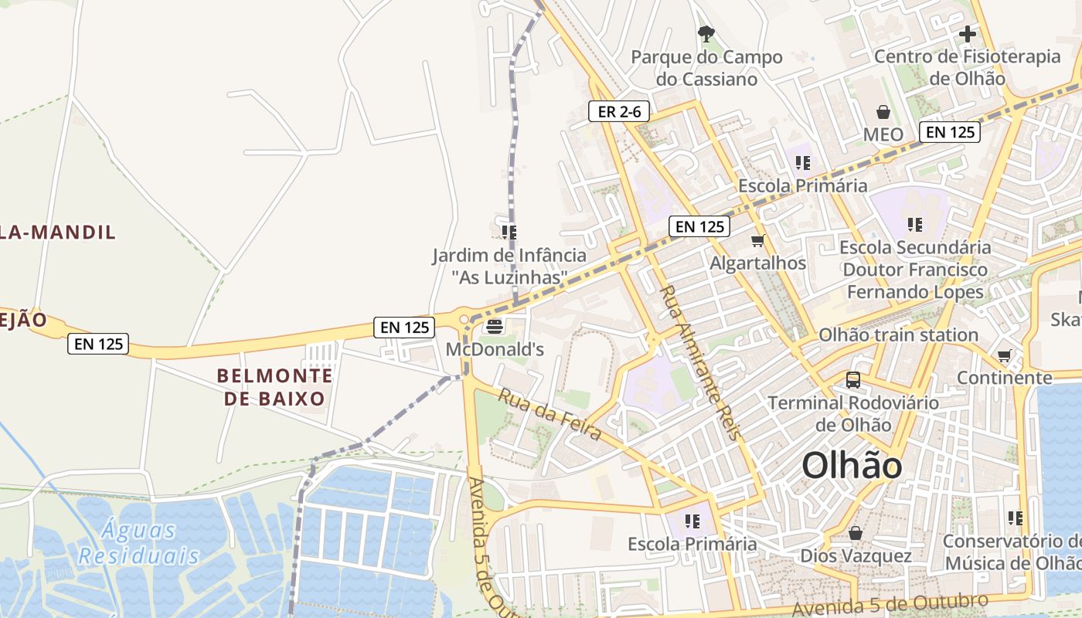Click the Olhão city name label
852,466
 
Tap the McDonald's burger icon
495,327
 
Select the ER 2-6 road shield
619,111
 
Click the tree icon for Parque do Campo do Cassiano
706,33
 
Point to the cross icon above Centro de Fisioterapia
967,34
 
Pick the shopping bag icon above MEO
883,112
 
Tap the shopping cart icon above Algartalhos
757,240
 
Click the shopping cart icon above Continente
1004,355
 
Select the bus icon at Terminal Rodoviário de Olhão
853,380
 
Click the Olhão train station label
898,334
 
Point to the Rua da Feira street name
550,415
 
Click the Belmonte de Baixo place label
274,387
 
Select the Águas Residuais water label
139,543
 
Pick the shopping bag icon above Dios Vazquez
856,533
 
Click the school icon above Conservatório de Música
1016,518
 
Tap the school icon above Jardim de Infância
509,232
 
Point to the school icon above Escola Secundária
915,225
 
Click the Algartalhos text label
757,263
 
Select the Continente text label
1004,378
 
